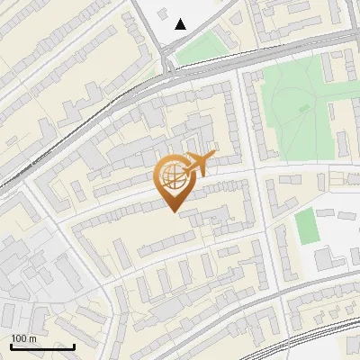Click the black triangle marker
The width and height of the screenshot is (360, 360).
click(x=181, y=24)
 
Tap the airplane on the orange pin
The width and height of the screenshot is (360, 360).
click(x=199, y=164)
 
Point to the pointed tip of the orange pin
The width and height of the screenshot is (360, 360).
click(x=173, y=211)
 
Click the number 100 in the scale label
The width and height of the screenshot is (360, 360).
click(x=19, y=338)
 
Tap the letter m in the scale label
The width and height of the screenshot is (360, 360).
click(x=32, y=338)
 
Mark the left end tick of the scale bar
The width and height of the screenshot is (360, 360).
click(x=11, y=346)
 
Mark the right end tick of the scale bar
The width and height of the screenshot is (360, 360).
click(x=74, y=346)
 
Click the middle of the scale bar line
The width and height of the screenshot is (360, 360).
click(x=42, y=346)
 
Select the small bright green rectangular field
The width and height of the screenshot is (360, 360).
click(x=308, y=226)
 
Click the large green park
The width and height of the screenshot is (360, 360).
click(x=292, y=108)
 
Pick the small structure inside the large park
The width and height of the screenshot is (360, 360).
click(x=304, y=108)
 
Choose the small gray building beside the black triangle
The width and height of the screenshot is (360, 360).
click(x=164, y=14)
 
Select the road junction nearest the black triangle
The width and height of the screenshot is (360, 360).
click(x=170, y=70)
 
